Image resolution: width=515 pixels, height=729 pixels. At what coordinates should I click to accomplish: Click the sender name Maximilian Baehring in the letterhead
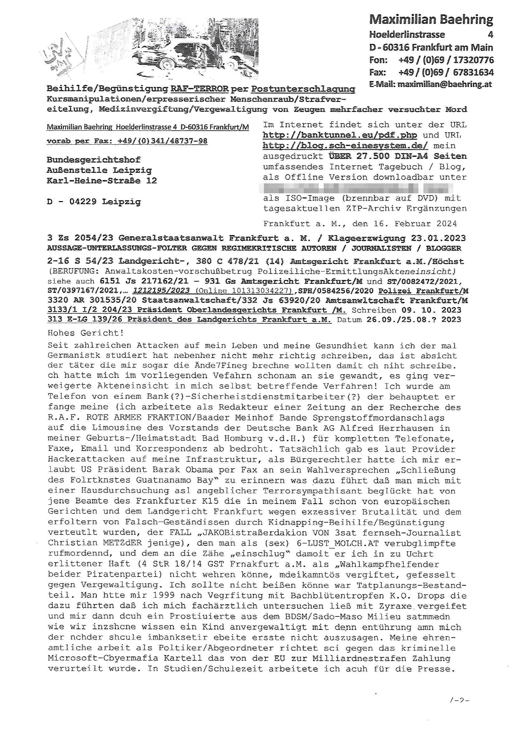tap(431, 20)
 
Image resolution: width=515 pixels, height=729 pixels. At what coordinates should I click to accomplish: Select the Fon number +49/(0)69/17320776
tap(446, 60)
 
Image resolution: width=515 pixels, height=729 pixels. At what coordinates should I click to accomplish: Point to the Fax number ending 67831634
tap(473, 72)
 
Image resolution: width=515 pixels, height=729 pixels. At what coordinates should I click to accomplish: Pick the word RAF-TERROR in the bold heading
tap(200, 89)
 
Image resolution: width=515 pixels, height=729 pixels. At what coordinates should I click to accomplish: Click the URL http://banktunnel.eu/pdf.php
tap(340, 135)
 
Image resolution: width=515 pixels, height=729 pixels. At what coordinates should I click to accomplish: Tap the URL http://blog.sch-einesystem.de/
tap(345, 146)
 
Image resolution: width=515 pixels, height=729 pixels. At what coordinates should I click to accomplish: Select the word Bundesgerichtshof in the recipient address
tap(93, 160)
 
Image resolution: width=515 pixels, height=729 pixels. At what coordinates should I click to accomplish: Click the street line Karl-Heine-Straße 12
tap(102, 181)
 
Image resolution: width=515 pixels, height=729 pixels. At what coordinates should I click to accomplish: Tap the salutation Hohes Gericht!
tap(85, 333)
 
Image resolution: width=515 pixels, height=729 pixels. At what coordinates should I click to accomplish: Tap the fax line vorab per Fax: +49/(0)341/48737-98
tap(127, 141)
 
